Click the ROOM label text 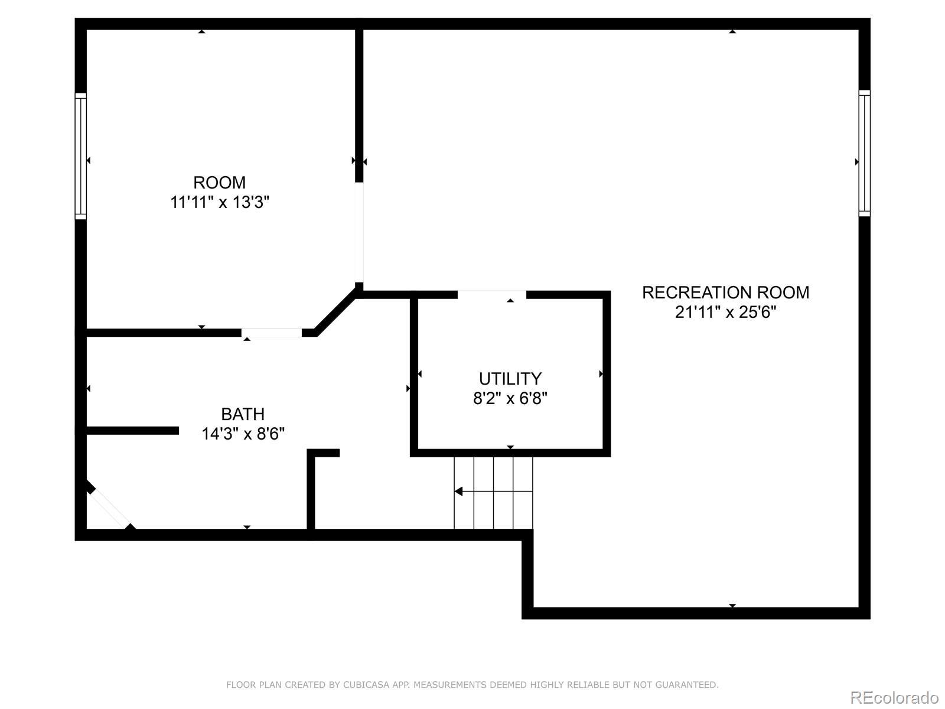click(219, 183)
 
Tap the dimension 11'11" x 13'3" click(220, 202)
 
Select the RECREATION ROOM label click(725, 292)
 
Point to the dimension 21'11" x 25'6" click(725, 312)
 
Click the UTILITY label click(510, 379)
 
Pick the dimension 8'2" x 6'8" click(510, 398)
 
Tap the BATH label click(243, 414)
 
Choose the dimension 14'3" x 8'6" click(243, 434)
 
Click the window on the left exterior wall click(81, 156)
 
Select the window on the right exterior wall click(865, 153)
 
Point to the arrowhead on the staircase click(458, 491)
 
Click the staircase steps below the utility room click(493, 493)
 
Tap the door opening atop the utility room click(491, 295)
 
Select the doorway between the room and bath click(271, 333)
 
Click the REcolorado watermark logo click(895, 697)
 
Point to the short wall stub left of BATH click(133, 431)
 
